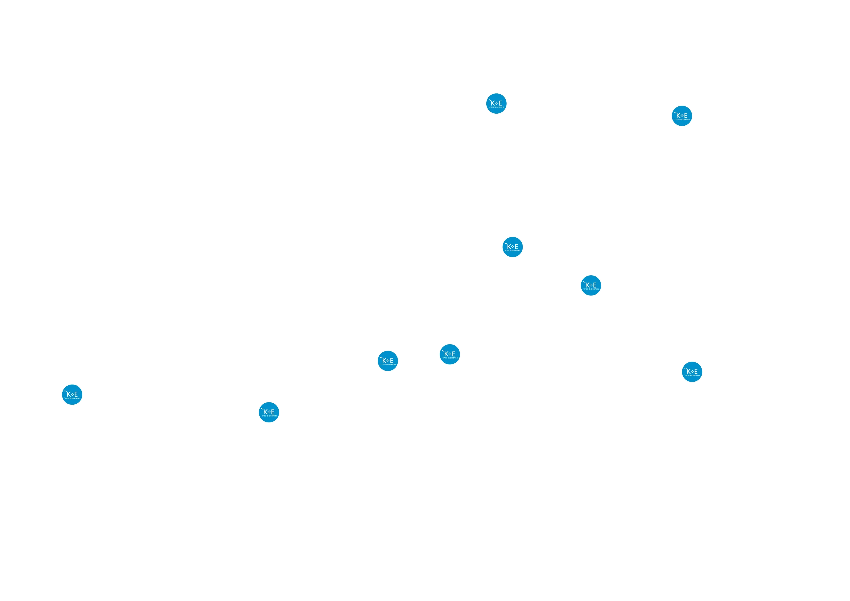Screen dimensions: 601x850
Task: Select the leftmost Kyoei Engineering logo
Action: pos(72,394)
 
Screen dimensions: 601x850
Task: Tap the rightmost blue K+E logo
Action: pos(692,371)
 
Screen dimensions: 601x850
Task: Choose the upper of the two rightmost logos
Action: pos(682,116)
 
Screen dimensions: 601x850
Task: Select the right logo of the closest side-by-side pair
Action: pos(450,354)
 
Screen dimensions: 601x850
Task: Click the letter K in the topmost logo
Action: pos(493,103)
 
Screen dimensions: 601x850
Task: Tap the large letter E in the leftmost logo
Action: pos(76,394)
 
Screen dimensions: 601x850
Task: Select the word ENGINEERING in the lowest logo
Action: pos(272,416)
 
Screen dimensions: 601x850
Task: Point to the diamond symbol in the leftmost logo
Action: pos(72,394)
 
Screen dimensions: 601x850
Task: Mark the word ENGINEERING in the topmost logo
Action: pos(499,107)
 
